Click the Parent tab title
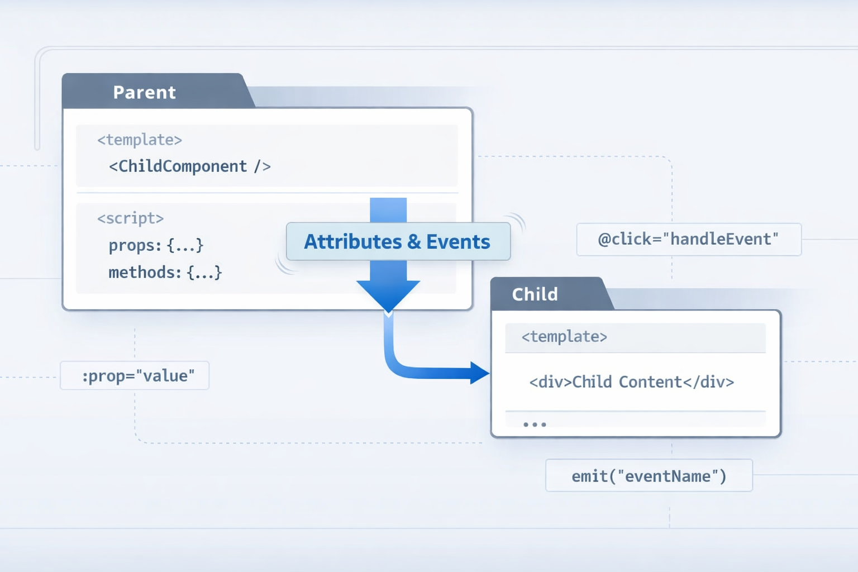(x=144, y=92)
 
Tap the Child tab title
(x=535, y=294)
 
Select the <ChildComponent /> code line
(x=189, y=166)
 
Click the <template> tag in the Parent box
(x=140, y=140)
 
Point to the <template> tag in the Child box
(x=564, y=336)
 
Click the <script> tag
(x=130, y=218)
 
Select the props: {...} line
(x=156, y=245)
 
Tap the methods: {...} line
(x=165, y=273)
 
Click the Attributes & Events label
(x=397, y=241)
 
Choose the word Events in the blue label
(x=458, y=241)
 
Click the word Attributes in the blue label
(x=352, y=241)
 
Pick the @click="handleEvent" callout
(x=688, y=239)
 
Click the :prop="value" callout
(x=138, y=375)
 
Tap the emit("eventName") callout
(x=649, y=476)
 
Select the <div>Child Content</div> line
(x=631, y=382)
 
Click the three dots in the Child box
(x=535, y=425)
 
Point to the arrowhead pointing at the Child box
(x=480, y=373)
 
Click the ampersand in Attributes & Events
(x=414, y=242)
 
